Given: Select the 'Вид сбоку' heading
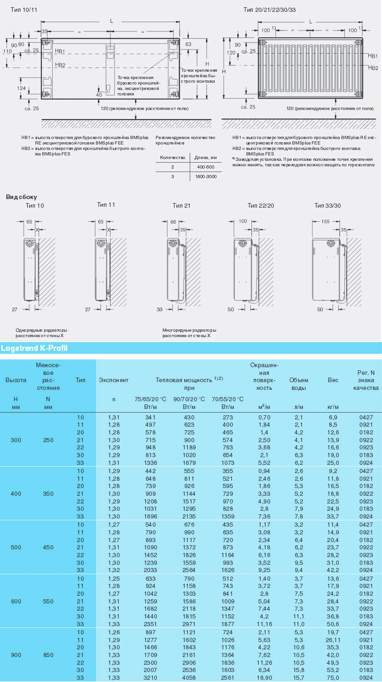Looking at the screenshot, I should click(21, 197).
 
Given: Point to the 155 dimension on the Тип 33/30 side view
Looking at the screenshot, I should click(325, 221).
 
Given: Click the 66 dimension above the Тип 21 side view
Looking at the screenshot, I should click(173, 222).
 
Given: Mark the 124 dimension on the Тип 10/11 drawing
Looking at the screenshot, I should click(21, 88).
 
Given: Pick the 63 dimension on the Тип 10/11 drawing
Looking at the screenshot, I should click(188, 44).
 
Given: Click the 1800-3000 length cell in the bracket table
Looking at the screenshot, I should click(206, 176).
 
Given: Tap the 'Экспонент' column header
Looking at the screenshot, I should click(114, 380).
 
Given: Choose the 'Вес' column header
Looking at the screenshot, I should click(333, 380).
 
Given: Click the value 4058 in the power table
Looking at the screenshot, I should click(189, 677).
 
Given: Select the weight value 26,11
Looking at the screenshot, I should click(333, 639).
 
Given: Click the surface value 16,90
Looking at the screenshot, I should click(264, 677).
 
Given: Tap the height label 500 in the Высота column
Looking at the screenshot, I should click(16, 548).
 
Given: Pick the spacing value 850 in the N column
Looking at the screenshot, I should click(48, 655).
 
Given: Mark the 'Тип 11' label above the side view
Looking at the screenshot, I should click(106, 205).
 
